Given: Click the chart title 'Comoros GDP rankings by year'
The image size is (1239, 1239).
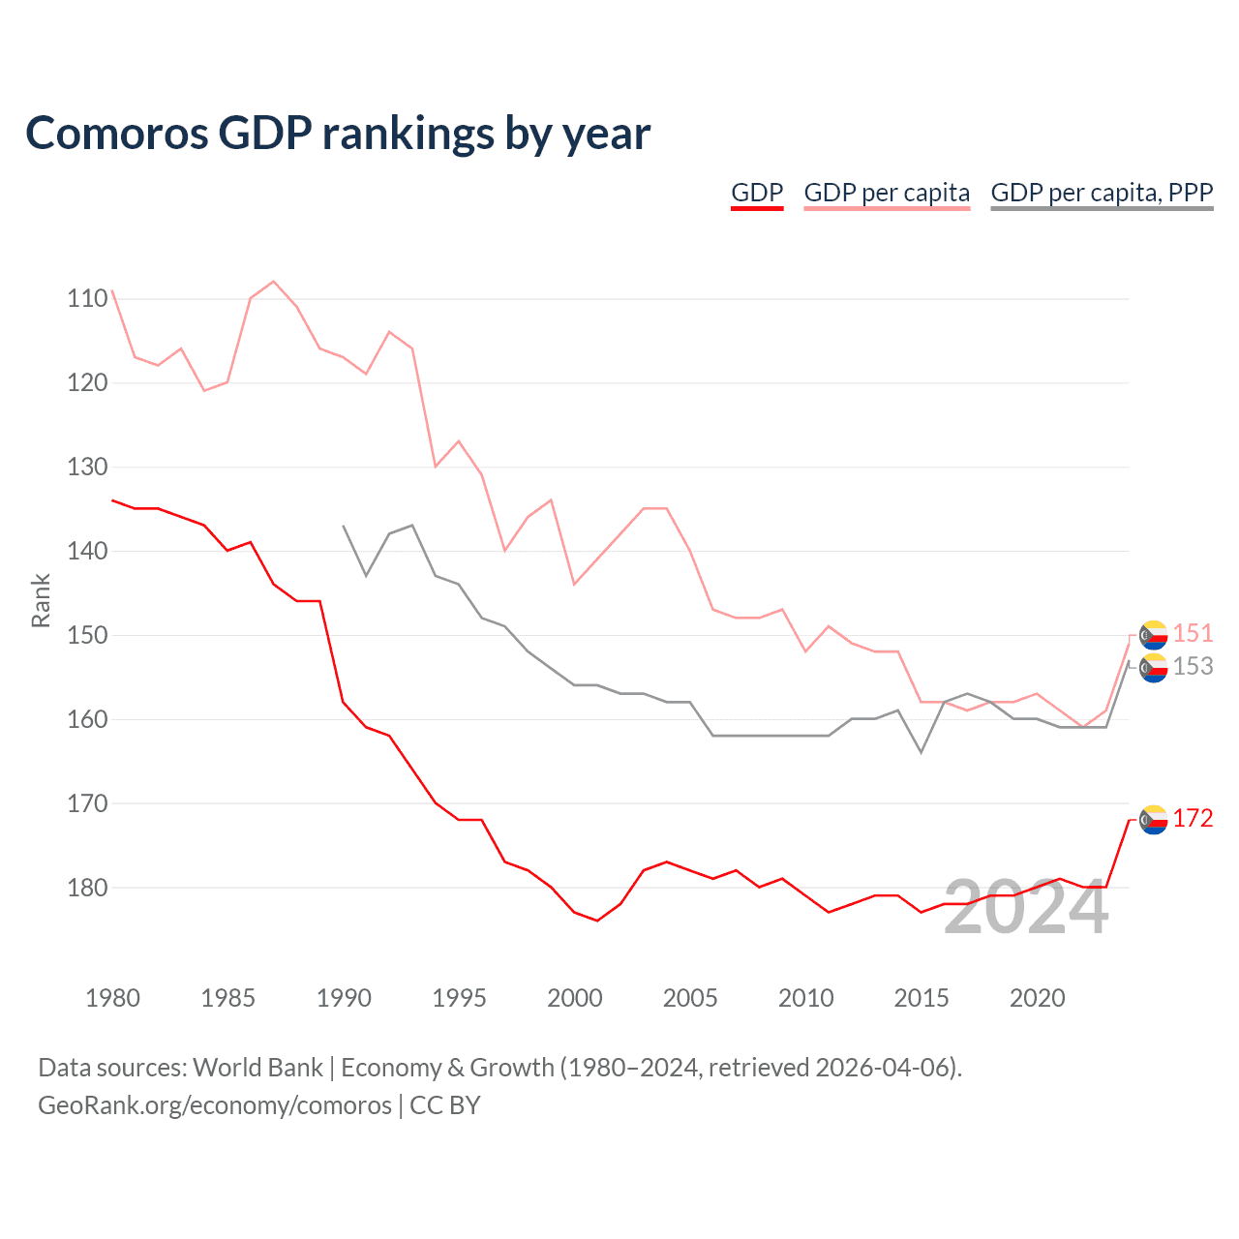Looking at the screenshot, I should coord(338,134).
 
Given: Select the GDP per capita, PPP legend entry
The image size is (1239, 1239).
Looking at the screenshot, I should coord(1102,193).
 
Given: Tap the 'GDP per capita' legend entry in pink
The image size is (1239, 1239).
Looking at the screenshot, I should coord(887,193).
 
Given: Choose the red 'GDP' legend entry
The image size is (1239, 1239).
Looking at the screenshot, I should coord(757,193).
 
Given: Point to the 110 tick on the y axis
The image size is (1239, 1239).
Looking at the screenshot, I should coord(88,299).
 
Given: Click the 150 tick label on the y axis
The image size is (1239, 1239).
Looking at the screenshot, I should coord(88,636).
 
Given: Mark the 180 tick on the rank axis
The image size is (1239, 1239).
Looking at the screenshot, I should coord(88,888).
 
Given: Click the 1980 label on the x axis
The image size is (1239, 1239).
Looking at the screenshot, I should coord(112,998).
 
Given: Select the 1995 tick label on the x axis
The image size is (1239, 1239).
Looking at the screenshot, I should coord(459,998).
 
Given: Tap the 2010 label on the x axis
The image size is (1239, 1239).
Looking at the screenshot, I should coord(805,998).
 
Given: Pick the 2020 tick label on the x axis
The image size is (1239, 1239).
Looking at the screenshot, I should coord(1037,998).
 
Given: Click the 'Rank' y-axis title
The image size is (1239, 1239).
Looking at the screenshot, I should coord(41,601).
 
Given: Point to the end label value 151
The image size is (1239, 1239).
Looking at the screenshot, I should coord(1193,634).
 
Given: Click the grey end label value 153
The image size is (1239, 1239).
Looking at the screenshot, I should coord(1193,667).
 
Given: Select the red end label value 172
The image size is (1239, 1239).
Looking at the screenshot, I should coord(1193,819).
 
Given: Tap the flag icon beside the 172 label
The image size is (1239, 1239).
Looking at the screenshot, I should coord(1153,820).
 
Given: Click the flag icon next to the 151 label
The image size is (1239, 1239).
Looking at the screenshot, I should coord(1153,635).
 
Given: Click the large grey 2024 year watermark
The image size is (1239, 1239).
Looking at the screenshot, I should coord(1026,908).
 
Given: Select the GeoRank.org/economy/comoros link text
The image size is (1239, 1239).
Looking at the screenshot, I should coord(215,1105).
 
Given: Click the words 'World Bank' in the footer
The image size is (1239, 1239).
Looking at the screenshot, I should coord(257,1068).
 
